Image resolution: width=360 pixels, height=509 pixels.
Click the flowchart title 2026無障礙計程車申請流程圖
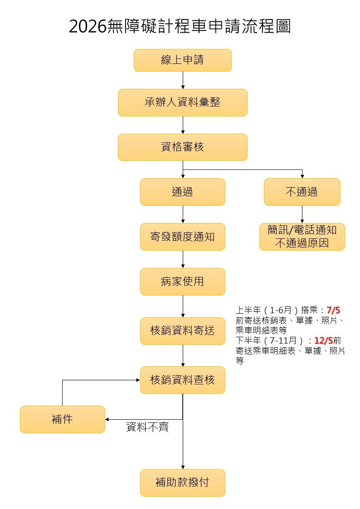[180, 27]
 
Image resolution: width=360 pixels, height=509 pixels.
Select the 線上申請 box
[182, 60]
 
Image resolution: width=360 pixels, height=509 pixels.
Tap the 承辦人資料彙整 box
[182, 102]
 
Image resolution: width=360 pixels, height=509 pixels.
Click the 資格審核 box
[182, 147]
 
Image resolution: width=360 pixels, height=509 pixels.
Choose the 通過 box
[182, 192]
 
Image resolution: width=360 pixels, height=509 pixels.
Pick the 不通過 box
[302, 192]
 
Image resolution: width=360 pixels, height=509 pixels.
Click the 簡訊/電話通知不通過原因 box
[302, 237]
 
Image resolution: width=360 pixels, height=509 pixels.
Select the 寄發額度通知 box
[182, 237]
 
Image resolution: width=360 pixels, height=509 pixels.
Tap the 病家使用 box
[182, 281]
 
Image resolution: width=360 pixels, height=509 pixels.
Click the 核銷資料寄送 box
[182, 331]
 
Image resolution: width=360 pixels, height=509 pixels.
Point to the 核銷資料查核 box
[182, 380]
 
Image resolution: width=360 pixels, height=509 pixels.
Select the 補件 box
[62, 419]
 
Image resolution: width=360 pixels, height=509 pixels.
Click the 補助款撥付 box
[182, 483]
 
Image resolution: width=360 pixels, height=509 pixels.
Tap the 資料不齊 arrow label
[147, 427]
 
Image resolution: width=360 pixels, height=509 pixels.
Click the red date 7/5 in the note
[333, 310]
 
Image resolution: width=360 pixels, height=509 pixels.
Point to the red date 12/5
[323, 340]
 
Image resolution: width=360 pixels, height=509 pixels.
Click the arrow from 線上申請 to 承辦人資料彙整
[183, 80]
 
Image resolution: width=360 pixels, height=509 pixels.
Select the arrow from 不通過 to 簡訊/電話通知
[302, 214]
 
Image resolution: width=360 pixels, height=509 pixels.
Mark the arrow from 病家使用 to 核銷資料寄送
[183, 306]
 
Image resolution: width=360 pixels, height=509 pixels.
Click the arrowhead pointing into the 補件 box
[107, 419]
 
